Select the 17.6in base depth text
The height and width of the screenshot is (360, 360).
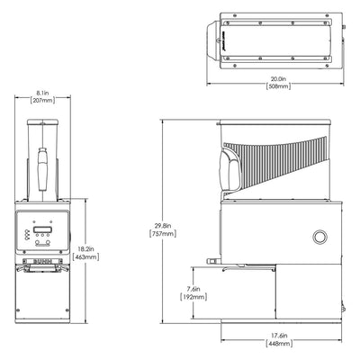click(281, 337)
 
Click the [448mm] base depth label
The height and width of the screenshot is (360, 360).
click(281, 346)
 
